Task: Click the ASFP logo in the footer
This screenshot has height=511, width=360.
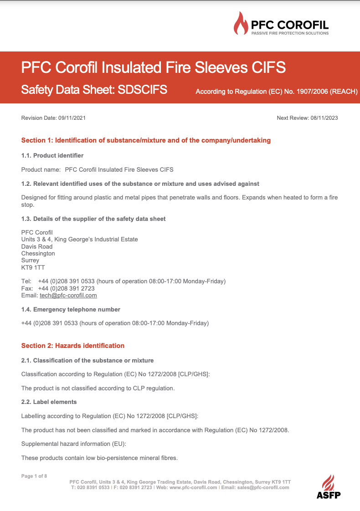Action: pyautogui.click(x=328, y=487)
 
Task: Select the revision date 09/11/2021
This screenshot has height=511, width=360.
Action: pyautogui.click(x=72, y=118)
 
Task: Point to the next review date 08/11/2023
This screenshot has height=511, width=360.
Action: pyautogui.click(x=324, y=118)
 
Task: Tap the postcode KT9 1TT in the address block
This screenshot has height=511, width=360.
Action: pyautogui.click(x=33, y=267)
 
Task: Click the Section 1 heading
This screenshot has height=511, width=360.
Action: pyautogui.click(x=146, y=140)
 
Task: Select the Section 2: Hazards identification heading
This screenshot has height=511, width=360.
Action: pyautogui.click(x=73, y=346)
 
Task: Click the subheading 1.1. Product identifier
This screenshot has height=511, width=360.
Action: pyautogui.click(x=52, y=156)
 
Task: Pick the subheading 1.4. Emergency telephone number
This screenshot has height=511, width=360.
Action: pyautogui.click(x=71, y=309)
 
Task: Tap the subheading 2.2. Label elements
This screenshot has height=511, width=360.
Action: pyautogui.click(x=49, y=402)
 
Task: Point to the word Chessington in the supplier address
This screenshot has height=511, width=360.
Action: pyautogui.click(x=38, y=253)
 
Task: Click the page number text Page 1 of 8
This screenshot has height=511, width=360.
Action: pyautogui.click(x=34, y=476)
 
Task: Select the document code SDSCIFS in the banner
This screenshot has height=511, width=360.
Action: pyautogui.click(x=143, y=90)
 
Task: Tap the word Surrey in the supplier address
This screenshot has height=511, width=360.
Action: pyautogui.click(x=31, y=261)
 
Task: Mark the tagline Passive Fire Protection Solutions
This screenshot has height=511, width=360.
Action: pyautogui.click(x=290, y=33)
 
